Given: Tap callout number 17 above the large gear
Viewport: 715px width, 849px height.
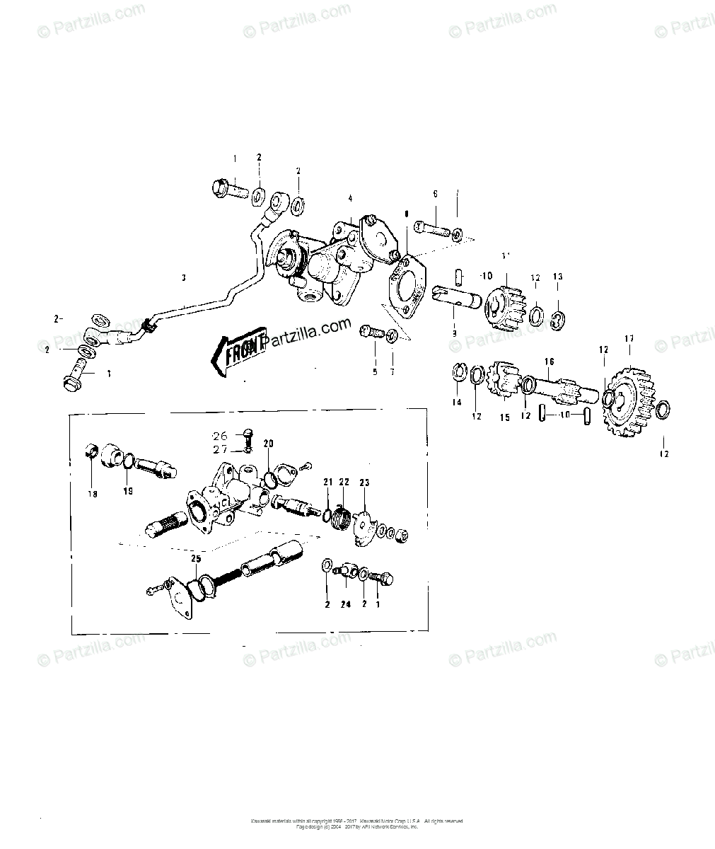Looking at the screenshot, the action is click(628, 340).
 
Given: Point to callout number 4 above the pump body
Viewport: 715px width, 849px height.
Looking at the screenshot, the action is click(349, 198).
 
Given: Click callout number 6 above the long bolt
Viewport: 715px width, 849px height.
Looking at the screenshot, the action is click(435, 194).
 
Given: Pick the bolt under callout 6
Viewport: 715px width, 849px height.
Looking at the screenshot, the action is click(433, 229).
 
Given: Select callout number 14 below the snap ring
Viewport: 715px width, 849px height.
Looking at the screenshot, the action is click(457, 402).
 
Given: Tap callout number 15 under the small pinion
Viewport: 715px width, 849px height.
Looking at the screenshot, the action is click(505, 417).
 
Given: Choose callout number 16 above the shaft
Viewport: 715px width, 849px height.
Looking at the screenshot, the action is click(549, 361).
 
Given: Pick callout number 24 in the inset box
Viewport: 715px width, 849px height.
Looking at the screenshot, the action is click(345, 604).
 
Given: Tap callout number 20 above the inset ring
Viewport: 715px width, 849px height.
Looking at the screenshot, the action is click(268, 444).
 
